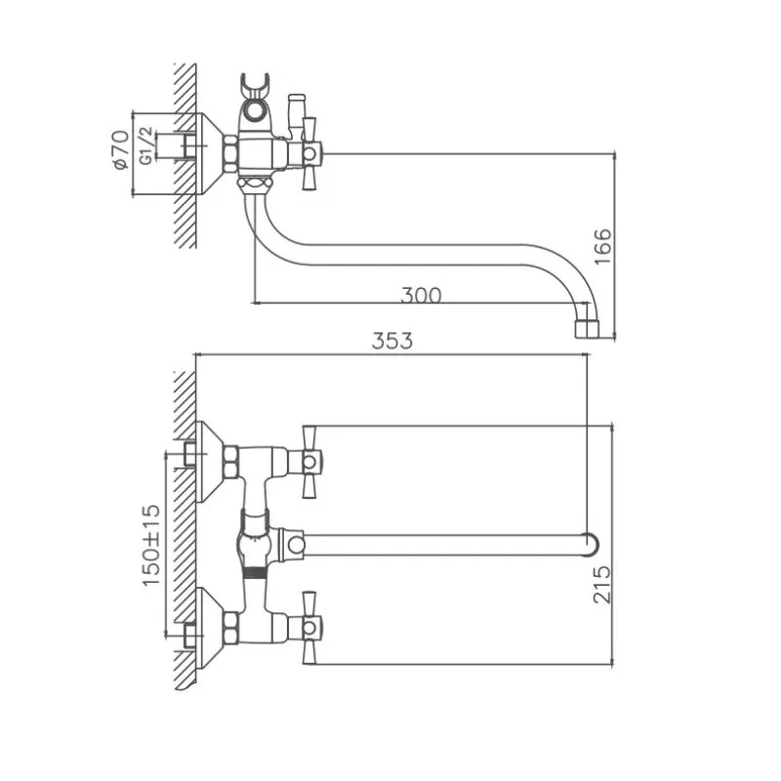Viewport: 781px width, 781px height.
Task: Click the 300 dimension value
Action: [x=421, y=294]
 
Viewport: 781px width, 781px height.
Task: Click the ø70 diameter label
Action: [x=120, y=152]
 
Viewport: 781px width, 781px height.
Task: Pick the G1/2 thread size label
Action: [x=145, y=142]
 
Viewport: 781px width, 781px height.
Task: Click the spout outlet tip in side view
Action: [x=585, y=324]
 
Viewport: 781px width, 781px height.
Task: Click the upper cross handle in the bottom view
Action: [x=311, y=458]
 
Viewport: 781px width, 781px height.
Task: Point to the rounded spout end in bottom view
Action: [x=588, y=543]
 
